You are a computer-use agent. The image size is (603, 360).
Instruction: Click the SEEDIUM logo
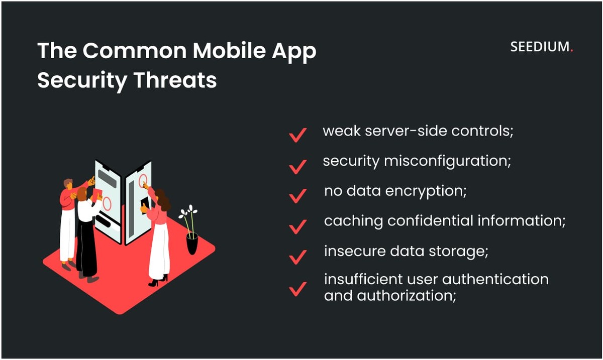pos(541,48)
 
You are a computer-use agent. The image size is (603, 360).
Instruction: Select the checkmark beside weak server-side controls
pos(298,135)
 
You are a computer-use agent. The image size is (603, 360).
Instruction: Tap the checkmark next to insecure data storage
pos(298,256)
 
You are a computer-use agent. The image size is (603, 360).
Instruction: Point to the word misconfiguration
pos(448,162)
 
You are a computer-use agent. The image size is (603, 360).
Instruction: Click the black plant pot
pos(192,243)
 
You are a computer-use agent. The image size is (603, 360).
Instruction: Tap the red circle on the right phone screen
pos(143,181)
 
